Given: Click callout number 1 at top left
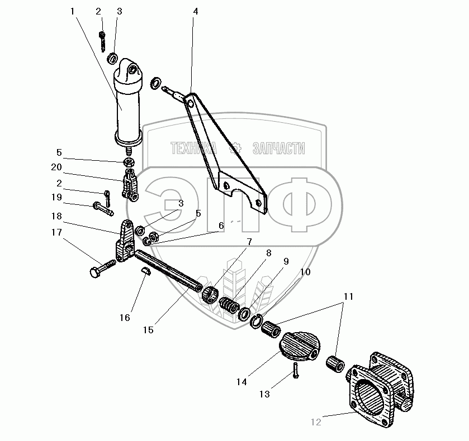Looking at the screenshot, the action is tap(73, 11).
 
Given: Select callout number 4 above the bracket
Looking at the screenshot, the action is tap(195, 11).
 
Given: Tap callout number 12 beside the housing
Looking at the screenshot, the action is tap(316, 422).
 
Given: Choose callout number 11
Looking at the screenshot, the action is tap(348, 297).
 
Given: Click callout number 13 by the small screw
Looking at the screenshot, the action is tap(264, 394).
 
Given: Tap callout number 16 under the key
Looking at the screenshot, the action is tap(124, 318).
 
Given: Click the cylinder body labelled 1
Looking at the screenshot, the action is tap(128, 109).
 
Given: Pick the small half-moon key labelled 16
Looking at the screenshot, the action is tap(145, 271).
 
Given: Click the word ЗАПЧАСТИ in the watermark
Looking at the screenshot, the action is tap(279, 148).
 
